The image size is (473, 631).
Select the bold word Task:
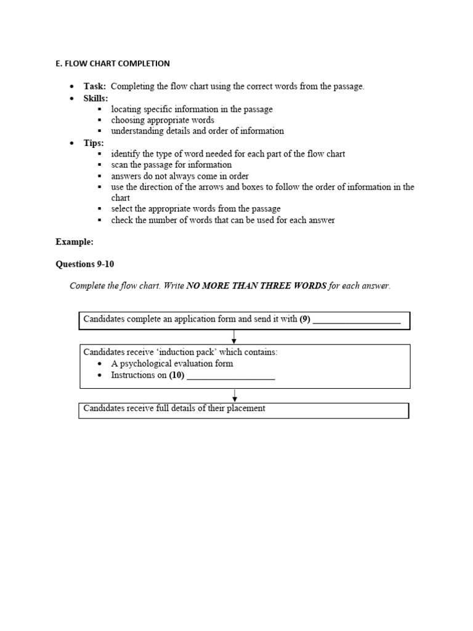95,86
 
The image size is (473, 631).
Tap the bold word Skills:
96,98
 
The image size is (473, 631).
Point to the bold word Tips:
94,143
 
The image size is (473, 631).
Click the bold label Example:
75,242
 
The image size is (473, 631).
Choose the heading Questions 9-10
85,264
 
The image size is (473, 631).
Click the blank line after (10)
230,375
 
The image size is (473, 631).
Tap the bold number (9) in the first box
305,320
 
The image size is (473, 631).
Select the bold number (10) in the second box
177,375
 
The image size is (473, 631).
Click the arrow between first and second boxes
235,337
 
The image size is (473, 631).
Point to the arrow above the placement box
235,396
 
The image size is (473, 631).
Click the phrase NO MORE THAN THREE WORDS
256,286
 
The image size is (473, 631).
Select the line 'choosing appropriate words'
163,120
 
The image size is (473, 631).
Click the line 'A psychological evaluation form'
172,364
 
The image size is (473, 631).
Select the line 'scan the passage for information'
171,165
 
